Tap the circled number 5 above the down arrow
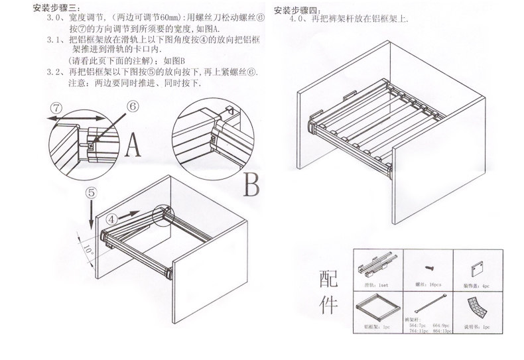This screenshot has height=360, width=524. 92,192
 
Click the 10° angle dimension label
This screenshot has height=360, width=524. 88,251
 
